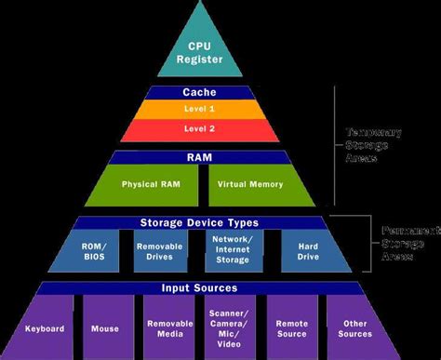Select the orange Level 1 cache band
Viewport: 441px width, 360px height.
(x=200, y=109)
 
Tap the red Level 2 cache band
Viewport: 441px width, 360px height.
(x=200, y=127)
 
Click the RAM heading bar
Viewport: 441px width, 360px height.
(x=200, y=157)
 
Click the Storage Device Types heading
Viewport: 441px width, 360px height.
(x=199, y=222)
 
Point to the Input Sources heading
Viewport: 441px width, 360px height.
(x=199, y=287)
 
